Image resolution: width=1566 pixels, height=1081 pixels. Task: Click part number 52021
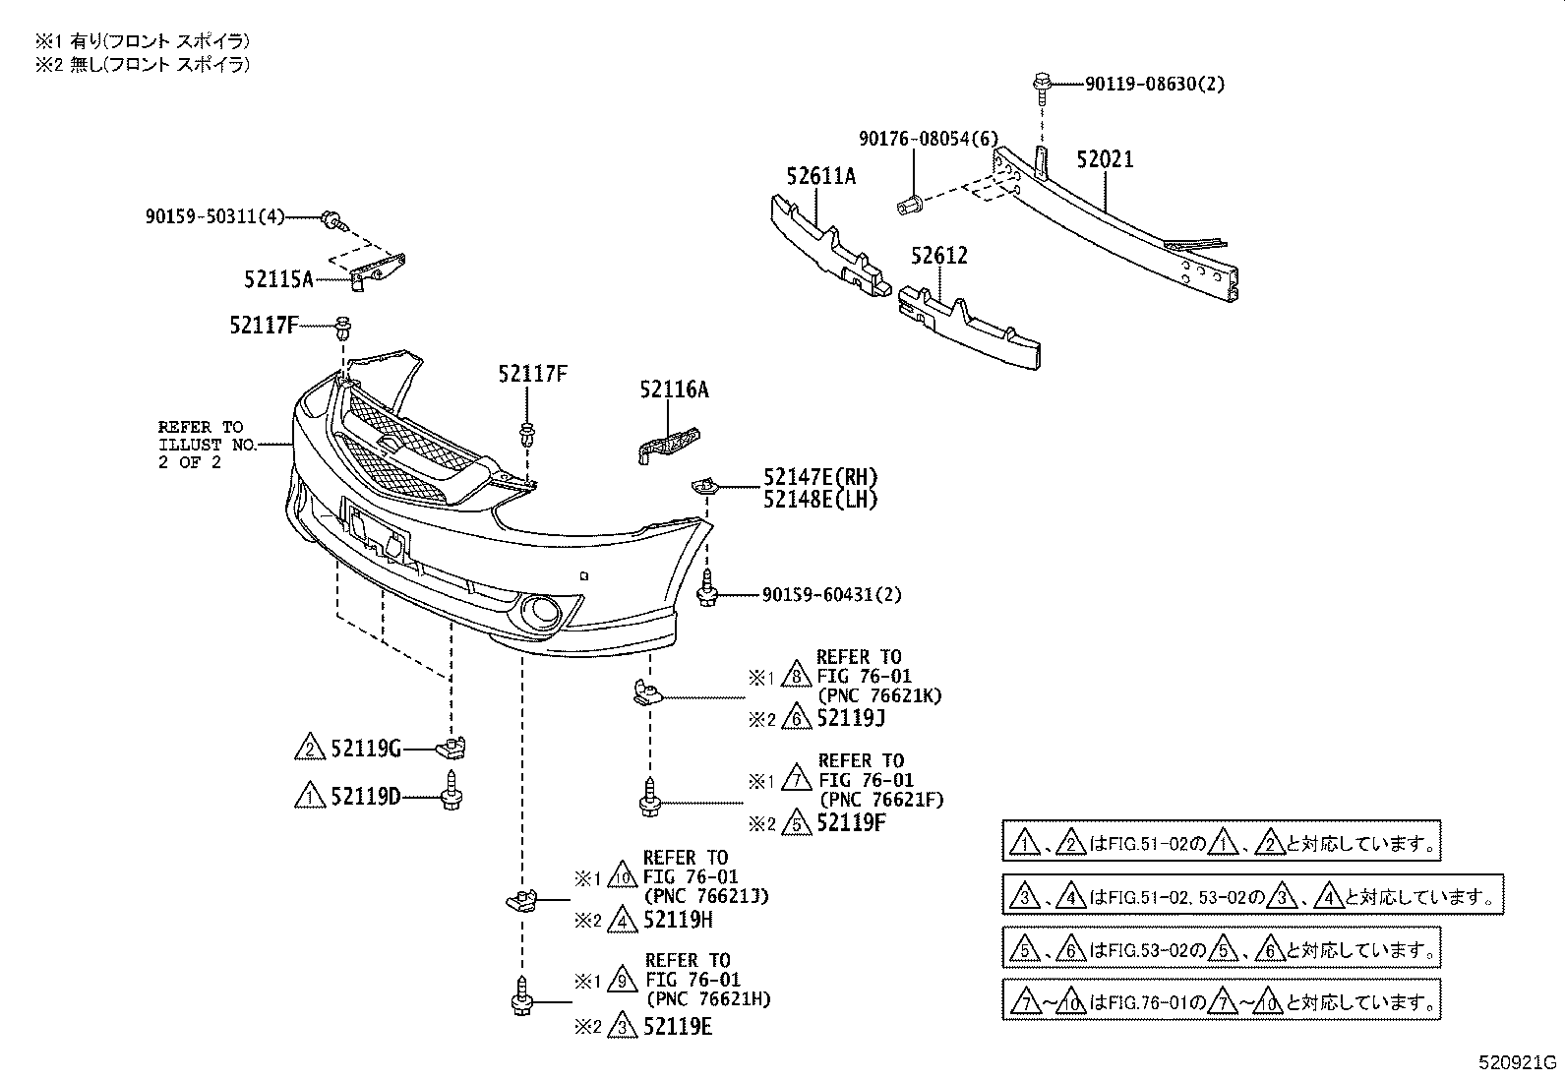(x=1104, y=159)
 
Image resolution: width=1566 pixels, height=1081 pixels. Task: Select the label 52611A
(x=820, y=176)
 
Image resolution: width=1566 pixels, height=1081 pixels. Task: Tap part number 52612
(x=938, y=256)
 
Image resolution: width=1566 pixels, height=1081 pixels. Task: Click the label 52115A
(x=278, y=279)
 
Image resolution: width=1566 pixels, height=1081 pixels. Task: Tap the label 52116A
(x=674, y=390)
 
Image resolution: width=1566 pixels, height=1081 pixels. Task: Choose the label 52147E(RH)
(x=820, y=478)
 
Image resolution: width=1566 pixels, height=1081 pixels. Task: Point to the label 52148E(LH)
(x=820, y=500)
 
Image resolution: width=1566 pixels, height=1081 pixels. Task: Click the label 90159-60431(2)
(x=831, y=594)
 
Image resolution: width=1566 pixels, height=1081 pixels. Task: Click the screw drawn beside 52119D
(x=452, y=790)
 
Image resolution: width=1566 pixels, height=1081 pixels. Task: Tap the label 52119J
(x=851, y=718)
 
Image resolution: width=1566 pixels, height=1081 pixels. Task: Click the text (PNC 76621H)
(x=708, y=999)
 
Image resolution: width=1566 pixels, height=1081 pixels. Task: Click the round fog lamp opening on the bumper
(x=540, y=612)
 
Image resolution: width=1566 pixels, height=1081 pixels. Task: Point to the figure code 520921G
(x=1518, y=1063)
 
